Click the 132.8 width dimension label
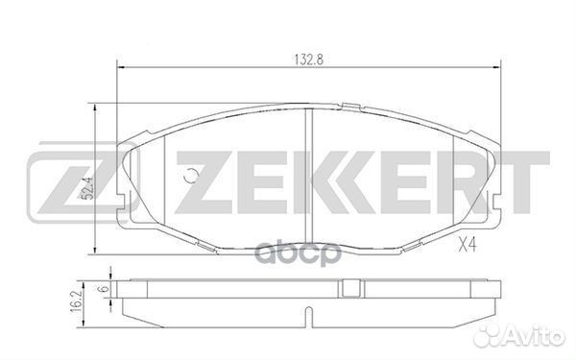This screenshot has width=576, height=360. pos(308,60)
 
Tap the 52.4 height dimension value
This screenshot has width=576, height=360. pos(88,188)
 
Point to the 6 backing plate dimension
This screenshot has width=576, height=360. pos(105,288)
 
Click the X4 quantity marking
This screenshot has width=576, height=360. pos(468,244)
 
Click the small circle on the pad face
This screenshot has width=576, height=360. pos(191,176)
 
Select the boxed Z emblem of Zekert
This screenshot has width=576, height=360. pos(84,182)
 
